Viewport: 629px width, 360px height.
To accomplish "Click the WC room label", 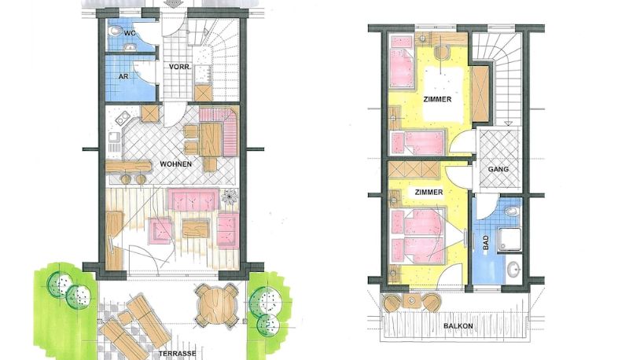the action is point(130,33).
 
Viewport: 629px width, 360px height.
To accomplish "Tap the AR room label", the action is point(123,75).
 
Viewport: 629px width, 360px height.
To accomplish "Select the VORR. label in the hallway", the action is point(179,67).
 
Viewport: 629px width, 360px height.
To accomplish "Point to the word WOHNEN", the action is point(175,164).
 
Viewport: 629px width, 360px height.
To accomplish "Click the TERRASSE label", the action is point(178,354).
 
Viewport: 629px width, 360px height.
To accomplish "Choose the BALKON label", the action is point(458,326).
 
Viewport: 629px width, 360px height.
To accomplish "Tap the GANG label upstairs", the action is point(498,169).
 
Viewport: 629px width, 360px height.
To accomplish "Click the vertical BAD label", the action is point(486,244).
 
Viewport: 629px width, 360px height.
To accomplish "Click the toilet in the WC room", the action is point(116,31).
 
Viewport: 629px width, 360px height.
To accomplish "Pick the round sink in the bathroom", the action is point(513,270).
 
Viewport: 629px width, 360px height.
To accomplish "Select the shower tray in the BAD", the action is point(509,240).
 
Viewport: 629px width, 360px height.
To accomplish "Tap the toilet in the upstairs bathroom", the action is point(510,211).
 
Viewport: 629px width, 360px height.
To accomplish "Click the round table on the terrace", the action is point(217,306).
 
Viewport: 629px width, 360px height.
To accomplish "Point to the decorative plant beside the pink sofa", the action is point(229,197).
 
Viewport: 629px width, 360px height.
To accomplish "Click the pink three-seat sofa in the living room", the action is point(193,199).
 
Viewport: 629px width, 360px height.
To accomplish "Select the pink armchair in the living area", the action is point(160,231).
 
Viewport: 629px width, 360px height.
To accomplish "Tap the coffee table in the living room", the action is point(196,229).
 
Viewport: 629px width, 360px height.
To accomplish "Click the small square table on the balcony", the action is point(411,300).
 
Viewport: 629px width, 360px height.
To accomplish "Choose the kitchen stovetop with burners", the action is point(123,118).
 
